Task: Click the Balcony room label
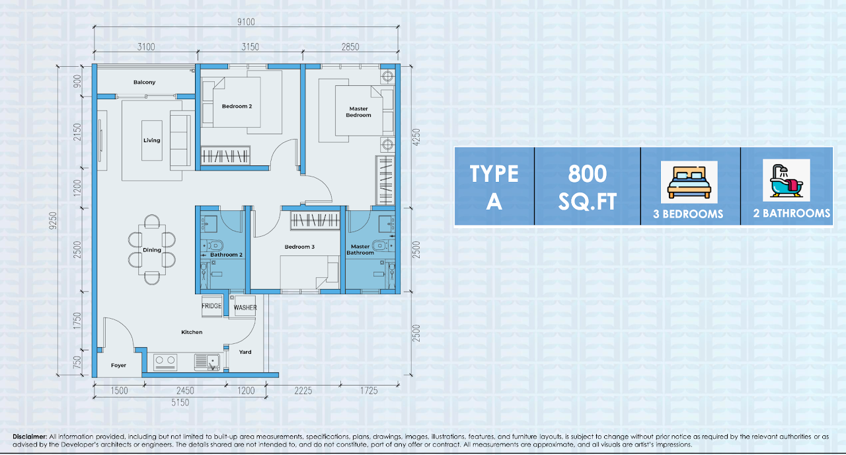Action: (x=144, y=82)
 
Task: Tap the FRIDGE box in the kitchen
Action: (x=211, y=306)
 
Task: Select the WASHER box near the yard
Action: (x=245, y=308)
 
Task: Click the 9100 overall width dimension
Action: (x=246, y=22)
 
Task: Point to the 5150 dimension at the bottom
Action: (x=180, y=403)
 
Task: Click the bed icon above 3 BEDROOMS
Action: (x=689, y=182)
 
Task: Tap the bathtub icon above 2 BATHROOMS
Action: (x=787, y=181)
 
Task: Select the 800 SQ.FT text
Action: (x=588, y=187)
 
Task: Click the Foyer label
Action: (x=118, y=366)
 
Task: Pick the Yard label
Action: (x=245, y=352)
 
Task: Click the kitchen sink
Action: (x=207, y=362)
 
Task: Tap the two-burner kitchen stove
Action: (x=165, y=362)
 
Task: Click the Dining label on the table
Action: (x=152, y=250)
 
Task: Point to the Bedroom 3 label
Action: (x=299, y=247)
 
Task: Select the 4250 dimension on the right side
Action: (x=416, y=138)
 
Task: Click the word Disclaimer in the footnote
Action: (x=30, y=436)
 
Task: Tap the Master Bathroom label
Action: (x=360, y=249)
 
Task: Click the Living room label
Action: (x=152, y=140)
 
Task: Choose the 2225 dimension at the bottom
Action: (x=303, y=390)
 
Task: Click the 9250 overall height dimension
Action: (x=53, y=220)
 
